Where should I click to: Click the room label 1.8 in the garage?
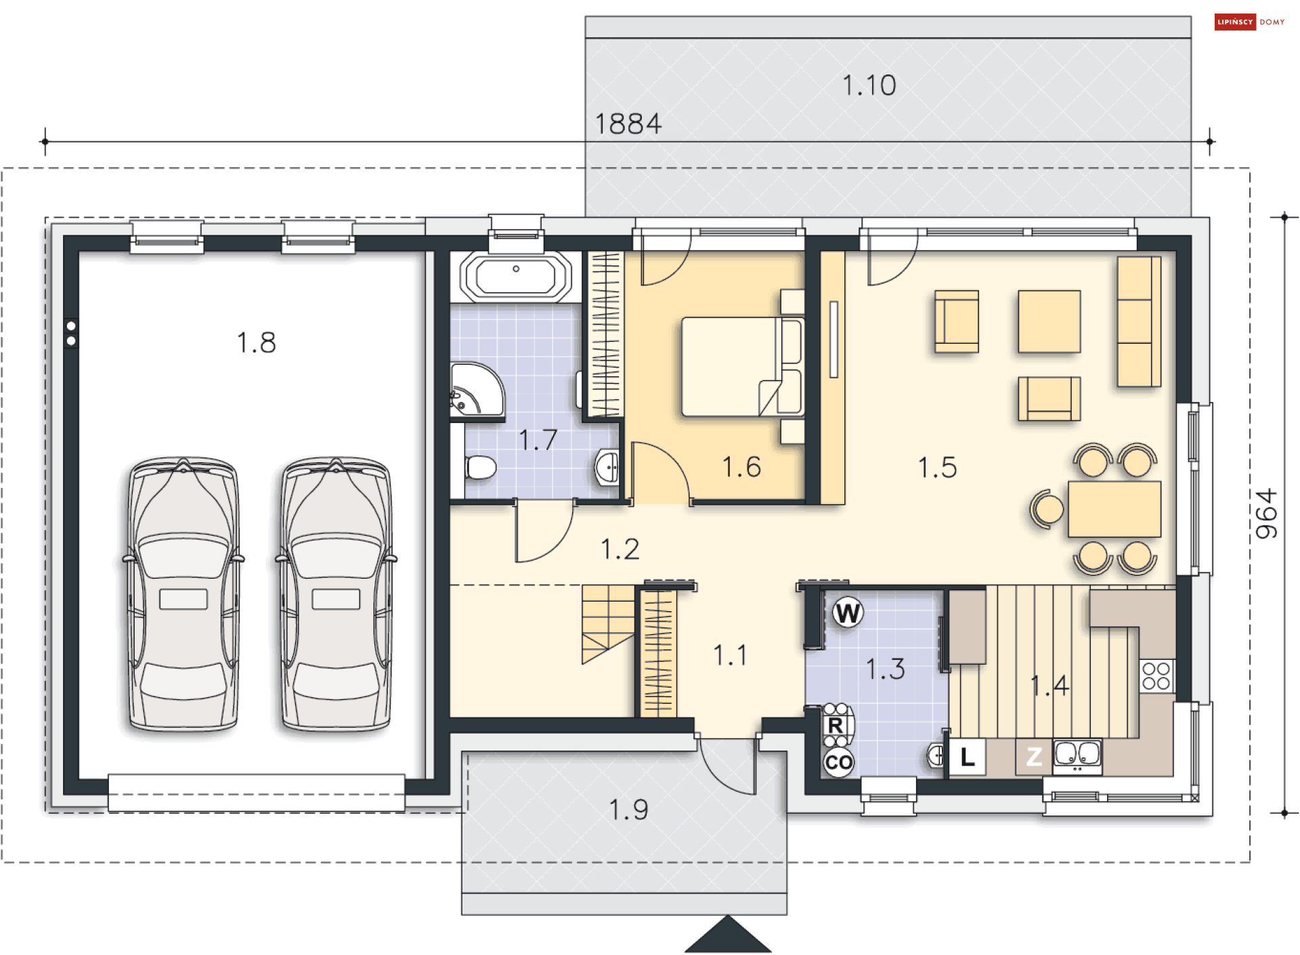point(256,342)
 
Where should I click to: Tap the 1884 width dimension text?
point(628,124)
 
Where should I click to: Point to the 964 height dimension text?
point(1265,514)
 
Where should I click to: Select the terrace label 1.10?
point(869,85)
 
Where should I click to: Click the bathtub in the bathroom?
point(516,277)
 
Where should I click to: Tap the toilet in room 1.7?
point(480,467)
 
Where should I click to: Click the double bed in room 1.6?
point(743,366)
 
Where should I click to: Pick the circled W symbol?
point(848,613)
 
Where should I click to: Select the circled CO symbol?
point(839,762)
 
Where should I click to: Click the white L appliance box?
point(968,757)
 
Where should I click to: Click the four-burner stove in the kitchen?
point(1156,675)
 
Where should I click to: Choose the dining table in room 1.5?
point(1114,509)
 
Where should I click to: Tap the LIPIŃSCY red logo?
point(1235,22)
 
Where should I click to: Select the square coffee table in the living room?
point(1049,321)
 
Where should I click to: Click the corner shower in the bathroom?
point(477,390)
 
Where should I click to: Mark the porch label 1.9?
point(628,809)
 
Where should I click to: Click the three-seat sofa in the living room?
point(1139,321)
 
